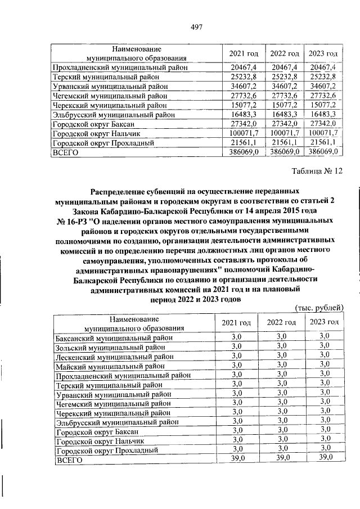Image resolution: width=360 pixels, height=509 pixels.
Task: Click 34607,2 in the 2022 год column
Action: pos(283,86)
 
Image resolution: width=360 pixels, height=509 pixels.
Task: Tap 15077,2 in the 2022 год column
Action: pos(283,105)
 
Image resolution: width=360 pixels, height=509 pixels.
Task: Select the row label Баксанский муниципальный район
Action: pos(114,338)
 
